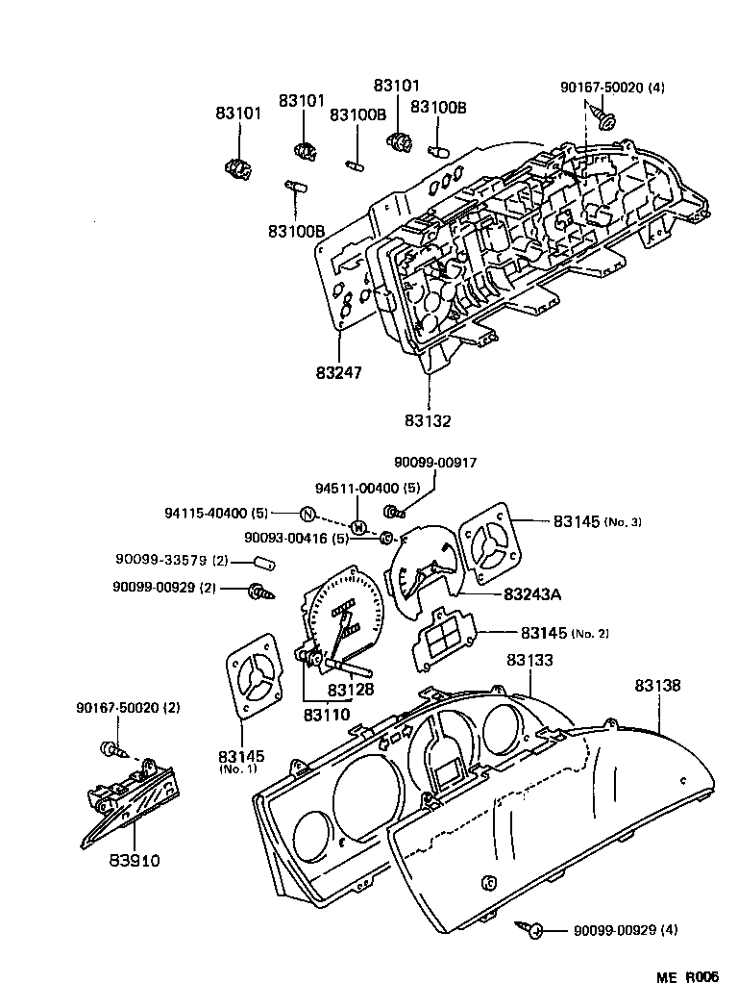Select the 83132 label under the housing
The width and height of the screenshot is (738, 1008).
tap(428, 420)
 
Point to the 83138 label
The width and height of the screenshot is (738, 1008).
tap(657, 686)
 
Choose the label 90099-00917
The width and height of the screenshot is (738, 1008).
tap(434, 463)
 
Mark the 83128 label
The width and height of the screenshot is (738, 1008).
tap(351, 690)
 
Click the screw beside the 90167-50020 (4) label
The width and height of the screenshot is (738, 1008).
tap(606, 120)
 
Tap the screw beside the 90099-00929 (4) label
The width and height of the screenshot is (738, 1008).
tap(531, 929)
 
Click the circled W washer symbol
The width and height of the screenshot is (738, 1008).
tap(357, 527)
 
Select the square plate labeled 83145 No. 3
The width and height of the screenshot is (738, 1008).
tap(493, 547)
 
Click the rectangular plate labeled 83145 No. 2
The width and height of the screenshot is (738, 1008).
tap(450, 638)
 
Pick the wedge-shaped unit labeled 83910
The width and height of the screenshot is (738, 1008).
tap(131, 798)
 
